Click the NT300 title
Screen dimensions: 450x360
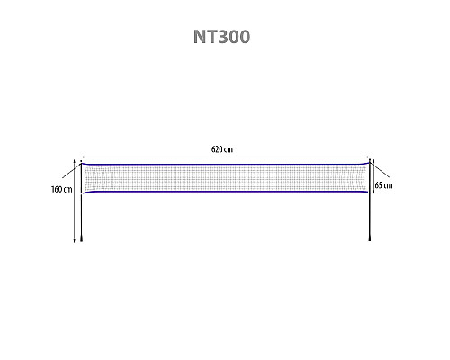[x=221, y=37]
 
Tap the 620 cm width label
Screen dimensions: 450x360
[x=222, y=149]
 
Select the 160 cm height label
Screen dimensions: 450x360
[x=62, y=190]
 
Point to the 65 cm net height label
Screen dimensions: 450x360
[x=383, y=185]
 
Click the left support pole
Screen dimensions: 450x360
[x=82, y=202]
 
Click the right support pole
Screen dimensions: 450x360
[x=370, y=201]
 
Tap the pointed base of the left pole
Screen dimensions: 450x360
[x=82, y=238]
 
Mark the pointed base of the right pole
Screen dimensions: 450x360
[x=370, y=238]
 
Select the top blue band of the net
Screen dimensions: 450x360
[x=226, y=165]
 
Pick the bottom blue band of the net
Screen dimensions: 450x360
[x=226, y=192]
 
